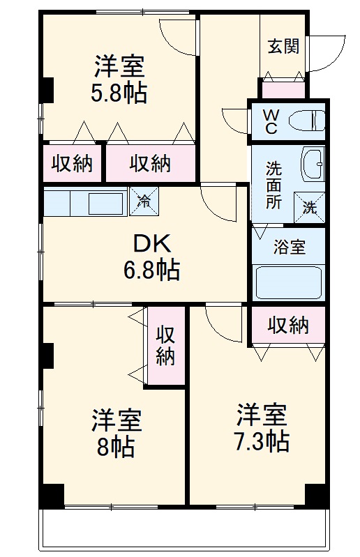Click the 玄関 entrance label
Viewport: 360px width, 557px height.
[x=283, y=46]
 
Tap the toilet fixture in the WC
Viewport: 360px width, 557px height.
[x=307, y=121]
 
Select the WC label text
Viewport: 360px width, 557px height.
[x=271, y=121]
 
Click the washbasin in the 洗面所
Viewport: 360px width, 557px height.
[x=313, y=164]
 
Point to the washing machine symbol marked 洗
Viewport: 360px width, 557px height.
[x=309, y=208]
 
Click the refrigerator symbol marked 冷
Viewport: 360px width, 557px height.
[x=144, y=201]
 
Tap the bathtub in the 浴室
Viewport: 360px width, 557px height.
[x=289, y=282]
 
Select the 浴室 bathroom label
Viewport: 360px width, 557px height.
[x=290, y=247]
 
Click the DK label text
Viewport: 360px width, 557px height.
[x=152, y=244]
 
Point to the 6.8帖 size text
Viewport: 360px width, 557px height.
[x=152, y=270]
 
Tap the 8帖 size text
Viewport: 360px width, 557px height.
[x=116, y=447]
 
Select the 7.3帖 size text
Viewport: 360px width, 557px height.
[x=262, y=441]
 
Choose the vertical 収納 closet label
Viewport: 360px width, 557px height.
[x=165, y=345]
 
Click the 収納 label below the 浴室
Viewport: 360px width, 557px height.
[x=288, y=325]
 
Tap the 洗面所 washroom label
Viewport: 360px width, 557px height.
[x=274, y=185]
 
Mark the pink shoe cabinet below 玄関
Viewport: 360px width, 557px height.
[x=283, y=89]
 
